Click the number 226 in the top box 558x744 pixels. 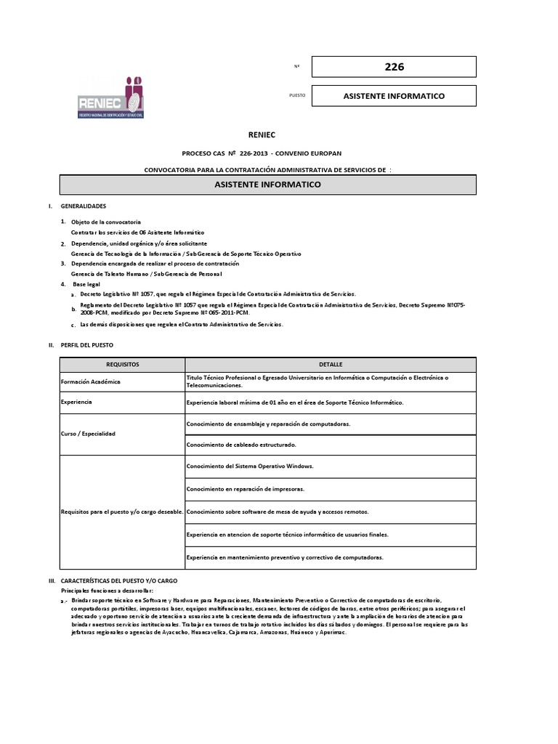click(x=394, y=67)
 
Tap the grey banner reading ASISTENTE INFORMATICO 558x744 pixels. click(x=268, y=185)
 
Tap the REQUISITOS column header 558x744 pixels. click(x=122, y=364)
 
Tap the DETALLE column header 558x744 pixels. click(x=331, y=364)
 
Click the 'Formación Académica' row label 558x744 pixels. click(x=92, y=381)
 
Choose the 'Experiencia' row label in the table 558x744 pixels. click(x=77, y=402)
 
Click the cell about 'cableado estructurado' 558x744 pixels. click(x=241, y=444)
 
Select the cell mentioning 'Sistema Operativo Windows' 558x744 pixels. click(x=249, y=466)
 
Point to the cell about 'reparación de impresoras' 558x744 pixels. click(x=240, y=489)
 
